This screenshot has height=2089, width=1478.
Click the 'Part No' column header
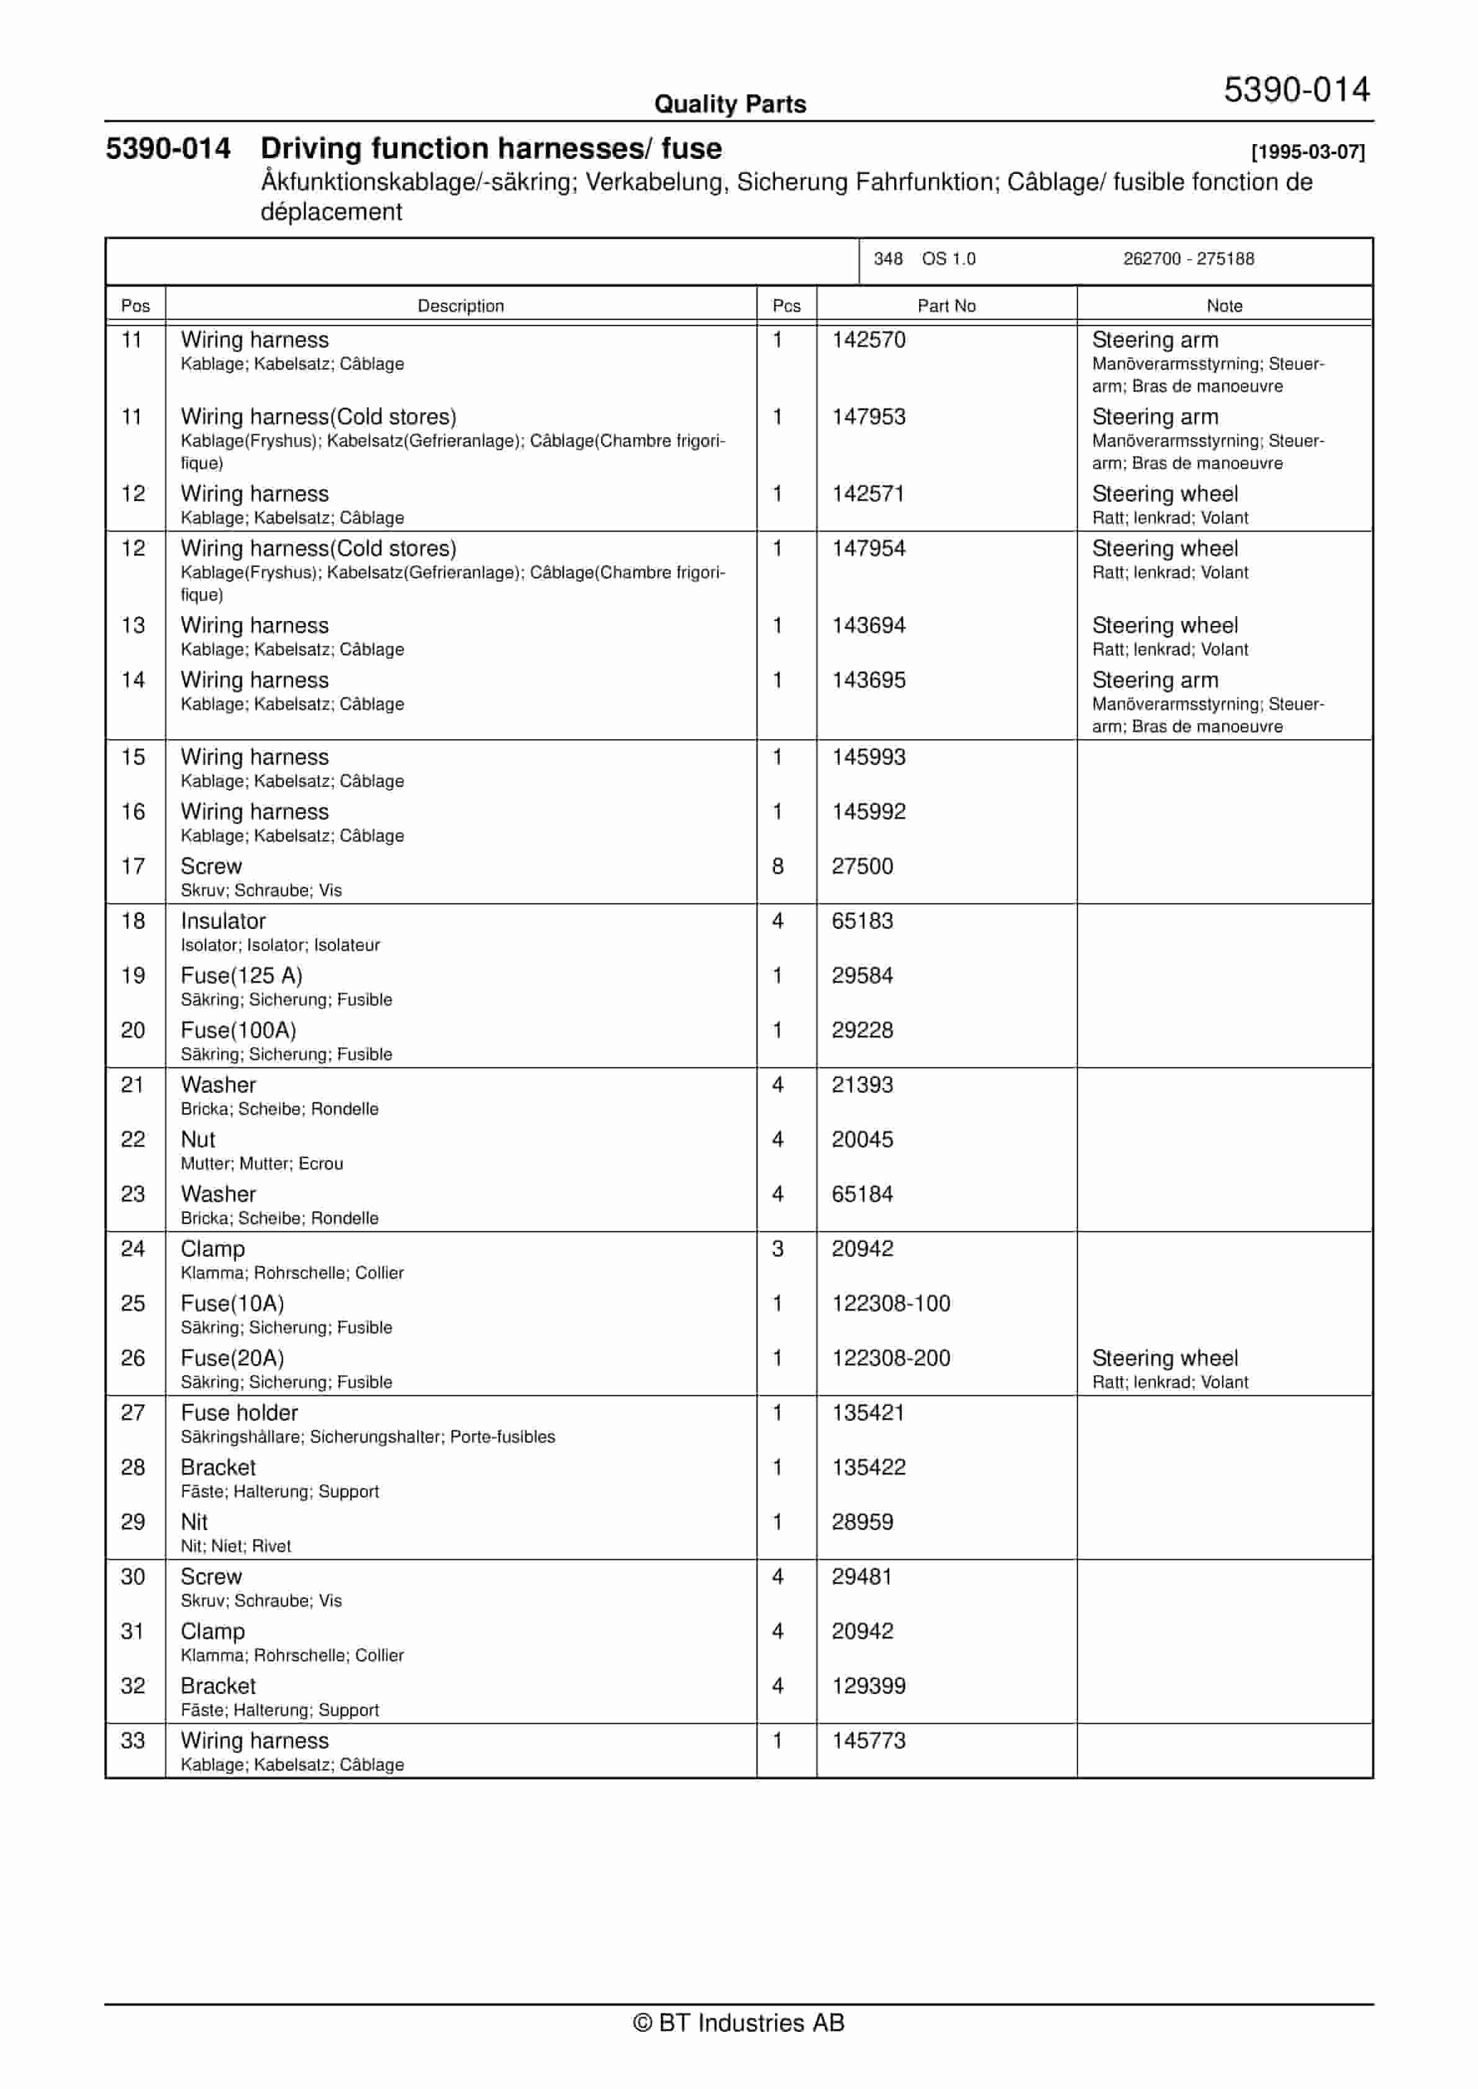[x=946, y=306]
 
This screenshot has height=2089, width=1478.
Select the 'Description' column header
[x=461, y=306]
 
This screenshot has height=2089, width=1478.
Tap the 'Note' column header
[x=1224, y=306]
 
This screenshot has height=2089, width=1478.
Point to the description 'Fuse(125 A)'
[x=241, y=976]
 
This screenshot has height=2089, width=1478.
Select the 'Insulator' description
[x=223, y=921]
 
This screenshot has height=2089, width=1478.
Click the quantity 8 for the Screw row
[x=778, y=866]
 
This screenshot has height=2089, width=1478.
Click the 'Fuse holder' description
[x=239, y=1412]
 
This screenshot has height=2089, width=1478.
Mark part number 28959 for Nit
[x=862, y=1521]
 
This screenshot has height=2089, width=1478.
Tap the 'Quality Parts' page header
[x=730, y=104]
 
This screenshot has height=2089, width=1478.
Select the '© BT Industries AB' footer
[x=738, y=2022]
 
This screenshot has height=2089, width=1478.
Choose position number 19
[x=133, y=976]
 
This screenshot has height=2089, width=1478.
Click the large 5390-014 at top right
[x=1296, y=89]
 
